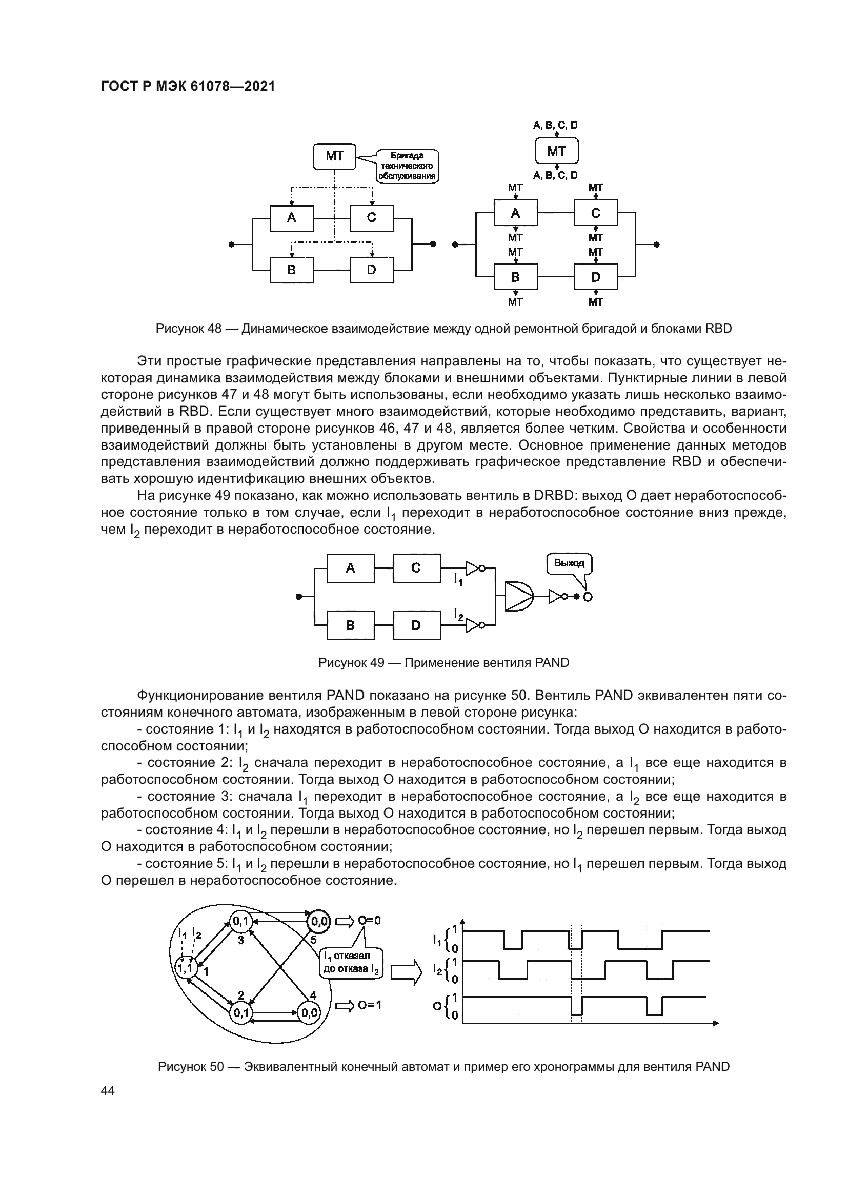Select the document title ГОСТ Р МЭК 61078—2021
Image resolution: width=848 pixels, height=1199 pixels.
pos(188,87)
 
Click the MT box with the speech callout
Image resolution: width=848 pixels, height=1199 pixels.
pos(334,156)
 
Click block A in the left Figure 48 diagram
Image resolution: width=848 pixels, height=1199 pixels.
pos(291,218)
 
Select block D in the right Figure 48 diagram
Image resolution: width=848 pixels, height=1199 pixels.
pos(595,277)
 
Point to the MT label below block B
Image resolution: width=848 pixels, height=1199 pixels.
pos(515,302)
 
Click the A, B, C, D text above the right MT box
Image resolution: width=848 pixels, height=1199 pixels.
pos(555,125)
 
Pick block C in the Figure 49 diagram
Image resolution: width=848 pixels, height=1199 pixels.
pos(416,568)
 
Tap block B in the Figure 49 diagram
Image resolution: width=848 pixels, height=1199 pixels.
pos(350,625)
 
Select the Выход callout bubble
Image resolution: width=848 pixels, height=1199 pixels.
pos(569,563)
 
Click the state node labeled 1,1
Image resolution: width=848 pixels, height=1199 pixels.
pos(185,968)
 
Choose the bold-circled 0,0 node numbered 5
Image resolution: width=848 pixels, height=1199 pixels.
pos(318,922)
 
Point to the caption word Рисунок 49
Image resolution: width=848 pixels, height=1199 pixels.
pos(351,663)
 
